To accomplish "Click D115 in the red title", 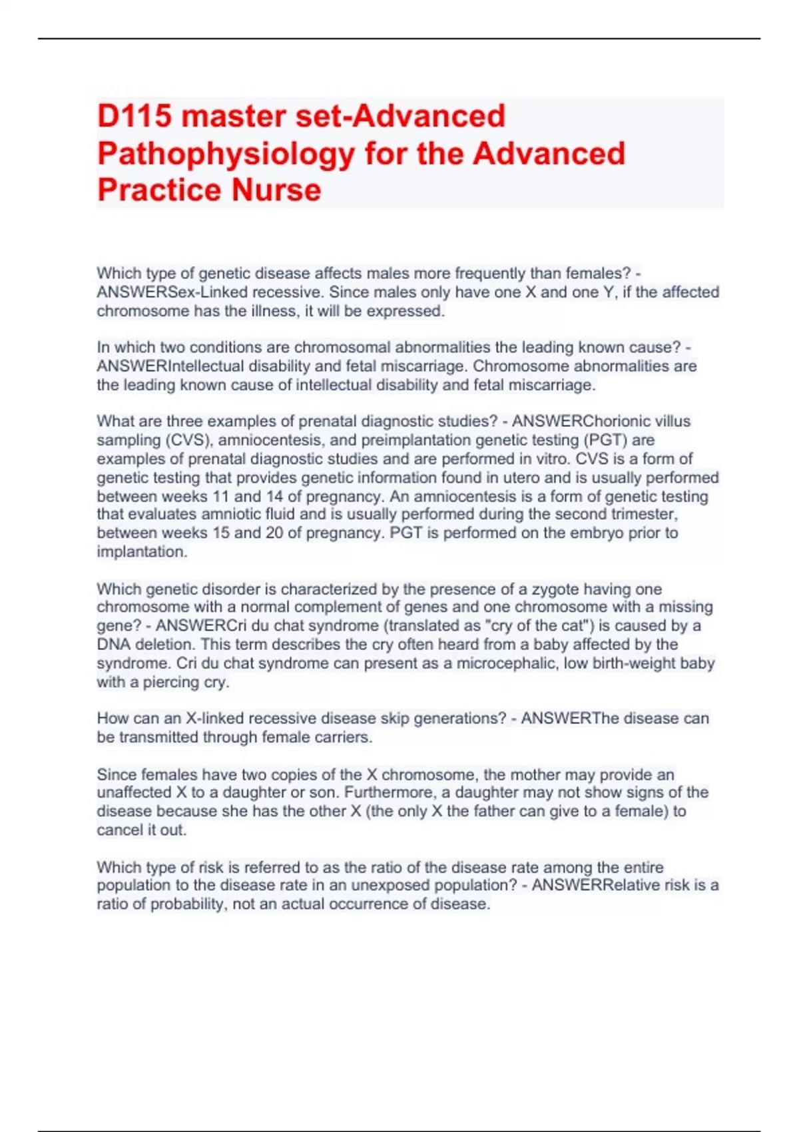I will coord(134,117).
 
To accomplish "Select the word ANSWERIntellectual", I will coord(170,366).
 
